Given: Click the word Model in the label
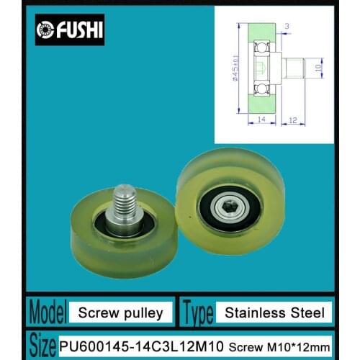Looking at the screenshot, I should point(46,311).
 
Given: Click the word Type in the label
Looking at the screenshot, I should point(204,311).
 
